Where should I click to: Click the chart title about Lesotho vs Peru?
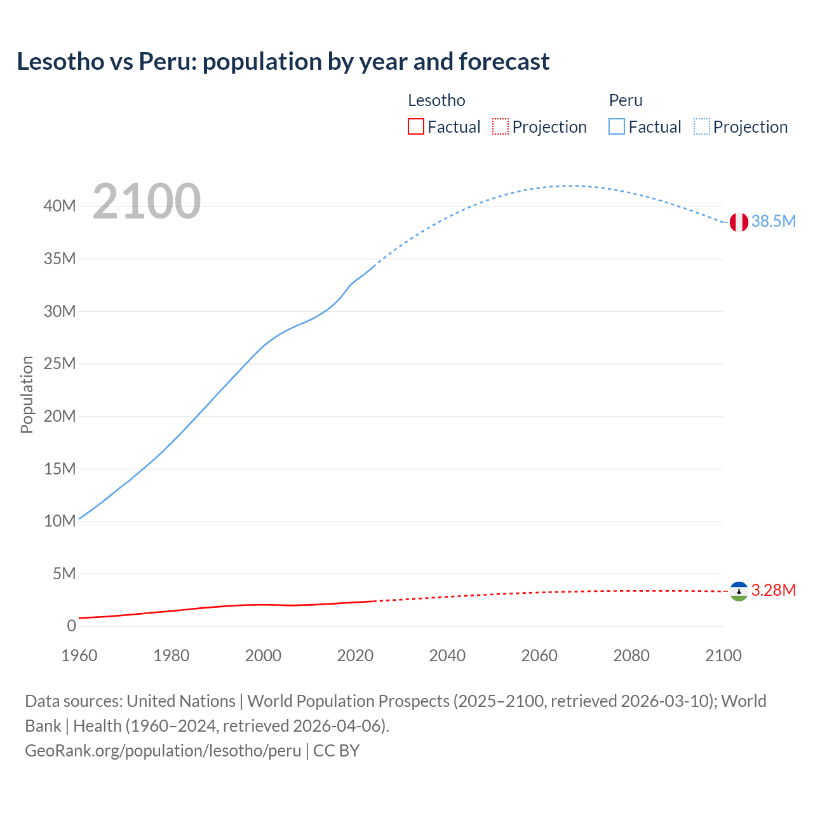click(283, 62)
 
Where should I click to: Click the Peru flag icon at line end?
click(738, 222)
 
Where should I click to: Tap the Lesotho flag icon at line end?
click(738, 591)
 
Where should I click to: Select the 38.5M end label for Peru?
click(773, 221)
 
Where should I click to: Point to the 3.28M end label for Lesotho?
click(773, 590)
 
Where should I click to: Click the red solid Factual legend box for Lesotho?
click(416, 127)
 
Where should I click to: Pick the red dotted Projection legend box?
click(501, 127)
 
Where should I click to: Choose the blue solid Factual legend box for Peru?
click(617, 127)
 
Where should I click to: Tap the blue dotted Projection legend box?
click(702, 127)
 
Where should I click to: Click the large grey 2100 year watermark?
click(147, 201)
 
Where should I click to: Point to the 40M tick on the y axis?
click(60, 206)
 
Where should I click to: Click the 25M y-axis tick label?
click(60, 363)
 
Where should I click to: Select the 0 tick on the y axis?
click(71, 626)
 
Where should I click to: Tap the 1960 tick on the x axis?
click(79, 655)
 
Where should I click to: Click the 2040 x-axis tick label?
click(447, 655)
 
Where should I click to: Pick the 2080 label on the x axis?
click(631, 655)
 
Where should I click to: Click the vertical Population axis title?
click(27, 394)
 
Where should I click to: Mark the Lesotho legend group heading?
click(436, 100)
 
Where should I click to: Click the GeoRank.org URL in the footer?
click(163, 751)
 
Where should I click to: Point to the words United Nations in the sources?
click(181, 701)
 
